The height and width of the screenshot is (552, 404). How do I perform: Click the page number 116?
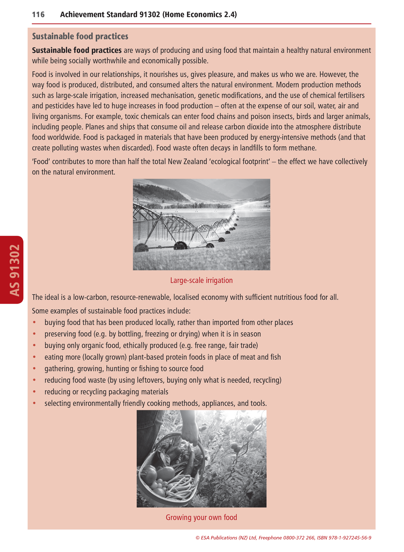tap(38, 15)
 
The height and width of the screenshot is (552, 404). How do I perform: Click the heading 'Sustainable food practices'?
tap(80, 36)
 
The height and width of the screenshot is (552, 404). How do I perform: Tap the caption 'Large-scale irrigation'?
tap(201, 280)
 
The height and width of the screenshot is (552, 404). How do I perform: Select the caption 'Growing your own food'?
tap(201, 517)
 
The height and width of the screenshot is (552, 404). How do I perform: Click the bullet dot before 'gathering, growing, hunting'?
tap(34, 368)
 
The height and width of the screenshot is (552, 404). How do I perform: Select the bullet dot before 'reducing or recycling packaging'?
tap(34, 392)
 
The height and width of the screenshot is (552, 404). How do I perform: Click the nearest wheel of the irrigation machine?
tap(142, 247)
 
